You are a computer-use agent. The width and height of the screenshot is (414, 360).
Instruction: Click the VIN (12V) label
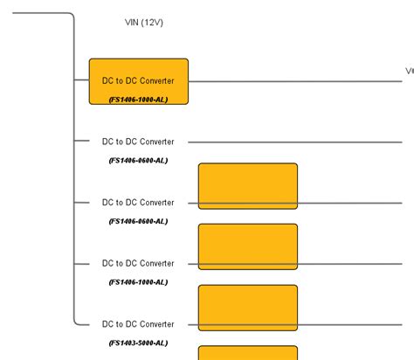tap(145, 23)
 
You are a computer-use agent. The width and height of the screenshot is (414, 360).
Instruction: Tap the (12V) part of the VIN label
tap(155, 23)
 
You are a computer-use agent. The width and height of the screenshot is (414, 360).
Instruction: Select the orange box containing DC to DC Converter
tap(138, 81)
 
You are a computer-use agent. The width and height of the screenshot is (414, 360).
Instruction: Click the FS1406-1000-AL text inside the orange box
tap(138, 100)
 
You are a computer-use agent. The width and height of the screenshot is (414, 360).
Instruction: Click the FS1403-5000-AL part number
tap(138, 343)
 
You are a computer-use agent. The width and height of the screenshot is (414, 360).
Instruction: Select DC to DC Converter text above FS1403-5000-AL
tap(138, 324)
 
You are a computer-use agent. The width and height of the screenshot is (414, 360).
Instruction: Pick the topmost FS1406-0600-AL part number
tap(138, 161)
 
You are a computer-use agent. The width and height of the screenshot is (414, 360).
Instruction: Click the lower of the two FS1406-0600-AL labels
tap(138, 221)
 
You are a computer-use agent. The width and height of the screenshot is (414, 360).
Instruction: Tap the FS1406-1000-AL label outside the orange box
tap(138, 282)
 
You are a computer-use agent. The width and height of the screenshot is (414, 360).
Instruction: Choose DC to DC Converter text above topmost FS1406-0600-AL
tap(138, 142)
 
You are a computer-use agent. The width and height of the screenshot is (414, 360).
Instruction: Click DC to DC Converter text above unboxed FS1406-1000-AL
tap(138, 263)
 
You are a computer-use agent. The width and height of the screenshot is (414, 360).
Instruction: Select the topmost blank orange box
tap(248, 186)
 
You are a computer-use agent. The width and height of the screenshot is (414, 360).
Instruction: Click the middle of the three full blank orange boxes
tap(248, 246)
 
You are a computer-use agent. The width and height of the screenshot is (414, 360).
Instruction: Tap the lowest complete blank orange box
tap(248, 308)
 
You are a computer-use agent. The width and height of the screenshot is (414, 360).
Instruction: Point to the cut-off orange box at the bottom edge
tap(248, 353)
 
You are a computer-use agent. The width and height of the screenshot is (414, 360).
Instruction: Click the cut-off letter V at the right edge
tap(409, 71)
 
